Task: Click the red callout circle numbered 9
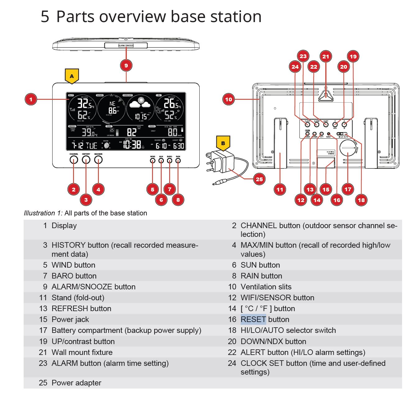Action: tap(126, 66)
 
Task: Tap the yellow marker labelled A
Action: tap(72, 76)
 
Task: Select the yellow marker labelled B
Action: tap(223, 143)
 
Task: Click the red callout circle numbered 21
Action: tap(326, 57)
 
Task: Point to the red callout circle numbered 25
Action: tap(259, 179)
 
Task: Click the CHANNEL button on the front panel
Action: tap(74, 160)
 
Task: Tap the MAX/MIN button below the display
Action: tap(98, 160)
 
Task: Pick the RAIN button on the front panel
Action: tap(178, 161)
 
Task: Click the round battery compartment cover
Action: tap(348, 148)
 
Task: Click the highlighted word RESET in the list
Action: tap(253, 320)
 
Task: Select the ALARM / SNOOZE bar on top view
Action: tap(126, 45)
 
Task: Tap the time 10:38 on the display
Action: tap(132, 145)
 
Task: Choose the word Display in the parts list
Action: tap(64, 226)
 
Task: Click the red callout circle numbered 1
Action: tap(31, 99)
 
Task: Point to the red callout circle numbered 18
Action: tap(361, 200)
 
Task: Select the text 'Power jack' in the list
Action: tap(70, 320)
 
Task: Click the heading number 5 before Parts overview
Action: tap(45, 16)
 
